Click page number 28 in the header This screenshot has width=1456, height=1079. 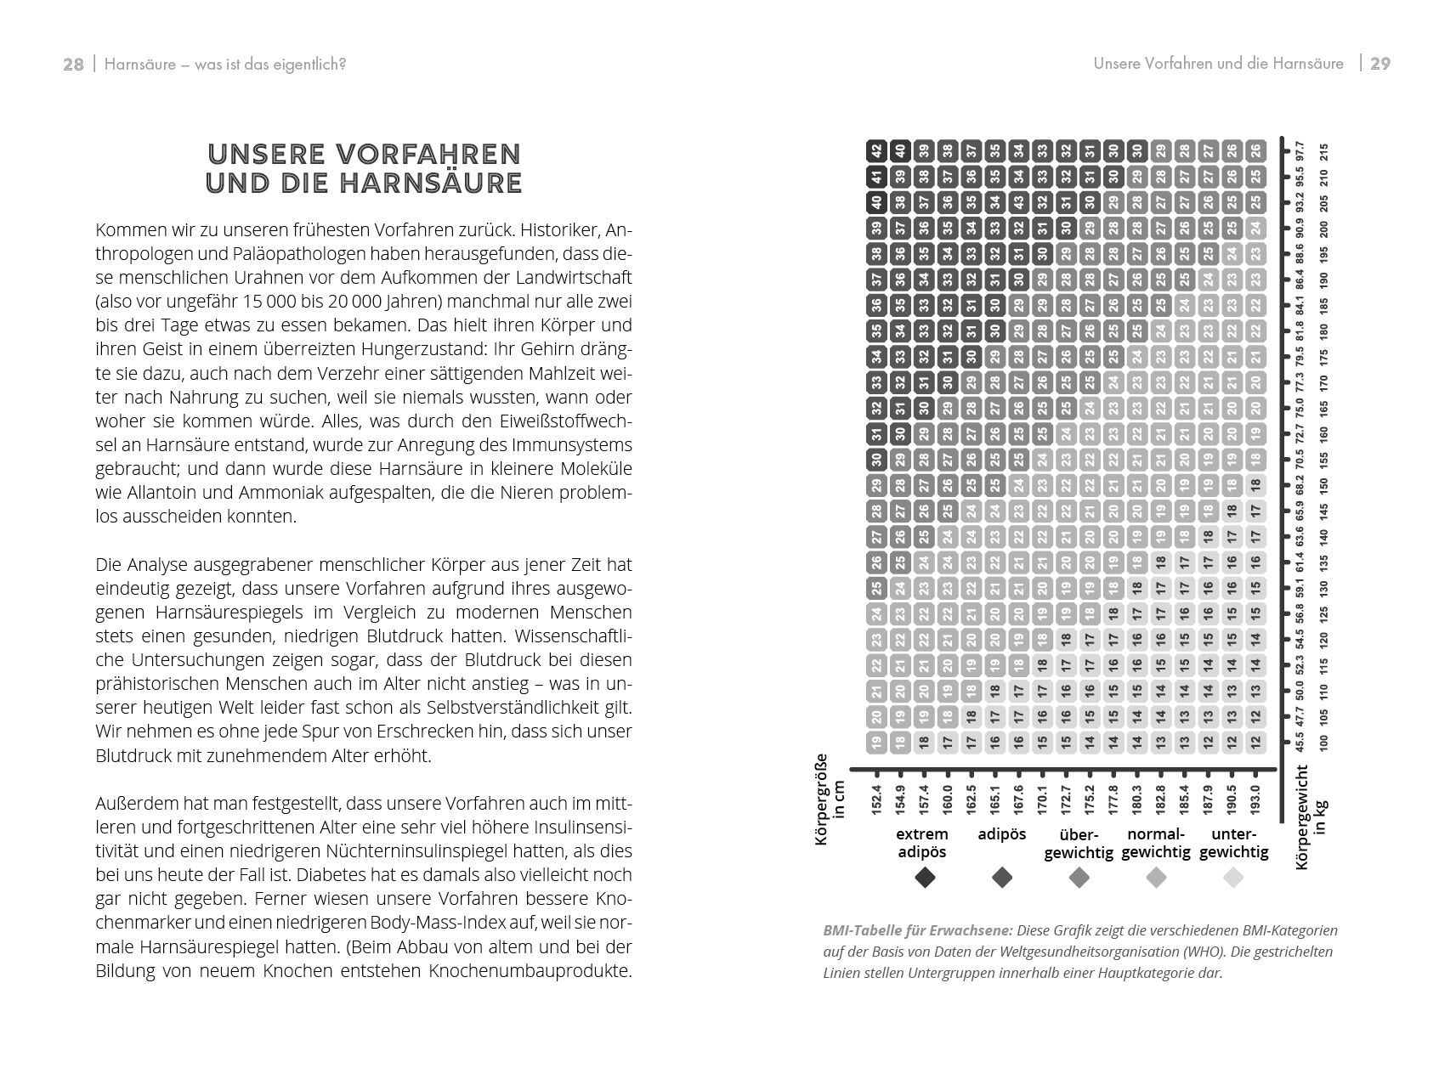point(73,65)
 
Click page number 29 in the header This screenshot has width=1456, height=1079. point(1380,64)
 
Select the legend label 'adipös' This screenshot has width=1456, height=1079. point(1002,834)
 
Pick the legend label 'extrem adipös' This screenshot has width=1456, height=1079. point(922,843)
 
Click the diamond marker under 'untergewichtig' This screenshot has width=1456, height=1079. point(1233,878)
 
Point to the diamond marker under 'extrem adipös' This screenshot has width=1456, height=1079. point(925,878)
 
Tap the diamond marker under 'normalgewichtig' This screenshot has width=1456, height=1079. point(1156,878)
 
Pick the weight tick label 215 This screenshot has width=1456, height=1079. point(1323,154)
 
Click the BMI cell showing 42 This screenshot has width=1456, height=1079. point(876,151)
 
